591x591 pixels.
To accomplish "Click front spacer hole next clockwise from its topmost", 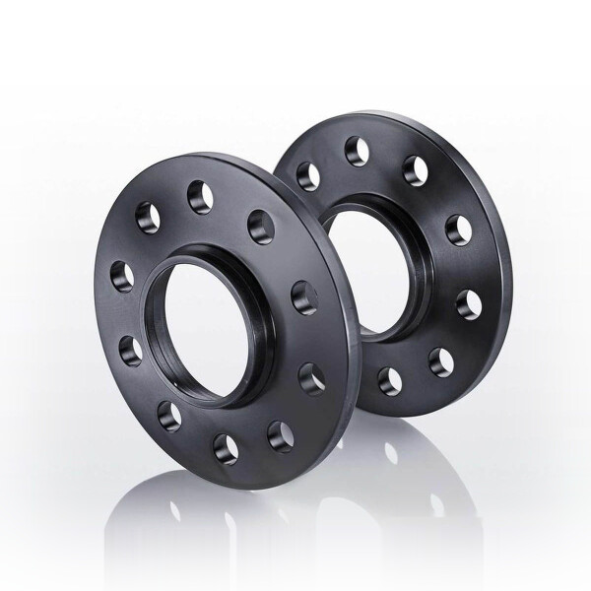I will click(258, 219).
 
